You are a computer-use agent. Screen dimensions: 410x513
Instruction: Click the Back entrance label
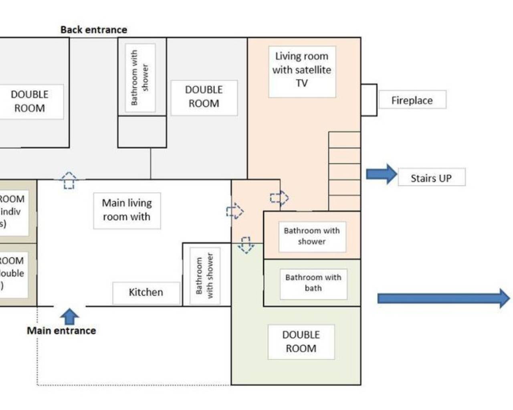[93, 30]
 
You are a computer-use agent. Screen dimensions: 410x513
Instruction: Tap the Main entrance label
[61, 331]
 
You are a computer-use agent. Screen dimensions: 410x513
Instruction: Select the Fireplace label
[412, 100]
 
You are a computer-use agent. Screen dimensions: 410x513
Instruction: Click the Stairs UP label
[431, 178]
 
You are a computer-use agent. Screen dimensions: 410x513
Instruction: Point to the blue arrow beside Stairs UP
[381, 174]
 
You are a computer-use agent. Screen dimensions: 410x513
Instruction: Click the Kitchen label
[146, 292]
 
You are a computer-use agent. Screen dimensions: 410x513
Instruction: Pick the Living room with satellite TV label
[302, 70]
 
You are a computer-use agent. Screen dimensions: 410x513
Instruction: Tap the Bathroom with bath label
[313, 283]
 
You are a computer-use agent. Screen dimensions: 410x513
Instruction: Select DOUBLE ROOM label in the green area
[301, 342]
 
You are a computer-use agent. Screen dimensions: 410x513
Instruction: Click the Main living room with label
[127, 210]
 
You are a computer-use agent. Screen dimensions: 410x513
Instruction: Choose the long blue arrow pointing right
[443, 298]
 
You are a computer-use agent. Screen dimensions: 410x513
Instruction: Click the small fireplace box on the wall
[369, 100]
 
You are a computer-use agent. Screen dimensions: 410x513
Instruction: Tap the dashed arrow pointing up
[69, 180]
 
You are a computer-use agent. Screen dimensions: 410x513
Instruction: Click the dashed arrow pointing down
[246, 245]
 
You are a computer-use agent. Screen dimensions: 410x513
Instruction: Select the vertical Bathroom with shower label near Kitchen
[204, 275]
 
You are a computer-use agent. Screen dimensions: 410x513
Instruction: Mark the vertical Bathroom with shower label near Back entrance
[140, 77]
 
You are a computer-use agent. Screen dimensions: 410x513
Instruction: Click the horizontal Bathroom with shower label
[312, 236]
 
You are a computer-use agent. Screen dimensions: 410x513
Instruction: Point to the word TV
[302, 83]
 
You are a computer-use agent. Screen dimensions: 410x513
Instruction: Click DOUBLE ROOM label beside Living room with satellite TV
[204, 96]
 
